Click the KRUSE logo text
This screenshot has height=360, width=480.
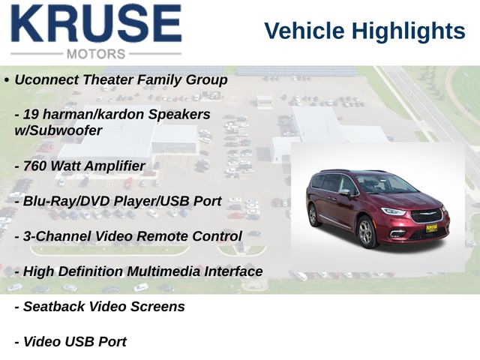pyautogui.click(x=97, y=23)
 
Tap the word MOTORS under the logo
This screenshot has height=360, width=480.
pyautogui.click(x=96, y=54)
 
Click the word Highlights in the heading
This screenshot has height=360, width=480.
pyautogui.click(x=408, y=31)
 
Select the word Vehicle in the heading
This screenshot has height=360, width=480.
pyautogui.click(x=304, y=31)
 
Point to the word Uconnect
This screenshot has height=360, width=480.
pyautogui.click(x=46, y=80)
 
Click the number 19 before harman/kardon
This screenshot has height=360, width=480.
pyautogui.click(x=31, y=115)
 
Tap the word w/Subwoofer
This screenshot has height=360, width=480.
pyautogui.click(x=58, y=130)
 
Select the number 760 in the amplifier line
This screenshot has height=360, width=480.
pyautogui.click(x=34, y=166)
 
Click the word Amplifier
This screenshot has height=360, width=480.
pyautogui.click(x=115, y=166)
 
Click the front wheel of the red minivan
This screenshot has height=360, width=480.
pyautogui.click(x=367, y=232)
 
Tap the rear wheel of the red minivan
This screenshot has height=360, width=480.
pyautogui.click(x=313, y=215)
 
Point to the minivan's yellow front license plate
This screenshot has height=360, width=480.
pyautogui.click(x=431, y=228)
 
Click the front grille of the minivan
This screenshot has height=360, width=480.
pyautogui.click(x=426, y=215)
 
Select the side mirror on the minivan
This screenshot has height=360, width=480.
pyautogui.click(x=345, y=193)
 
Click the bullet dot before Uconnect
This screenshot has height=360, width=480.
pyautogui.click(x=7, y=80)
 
